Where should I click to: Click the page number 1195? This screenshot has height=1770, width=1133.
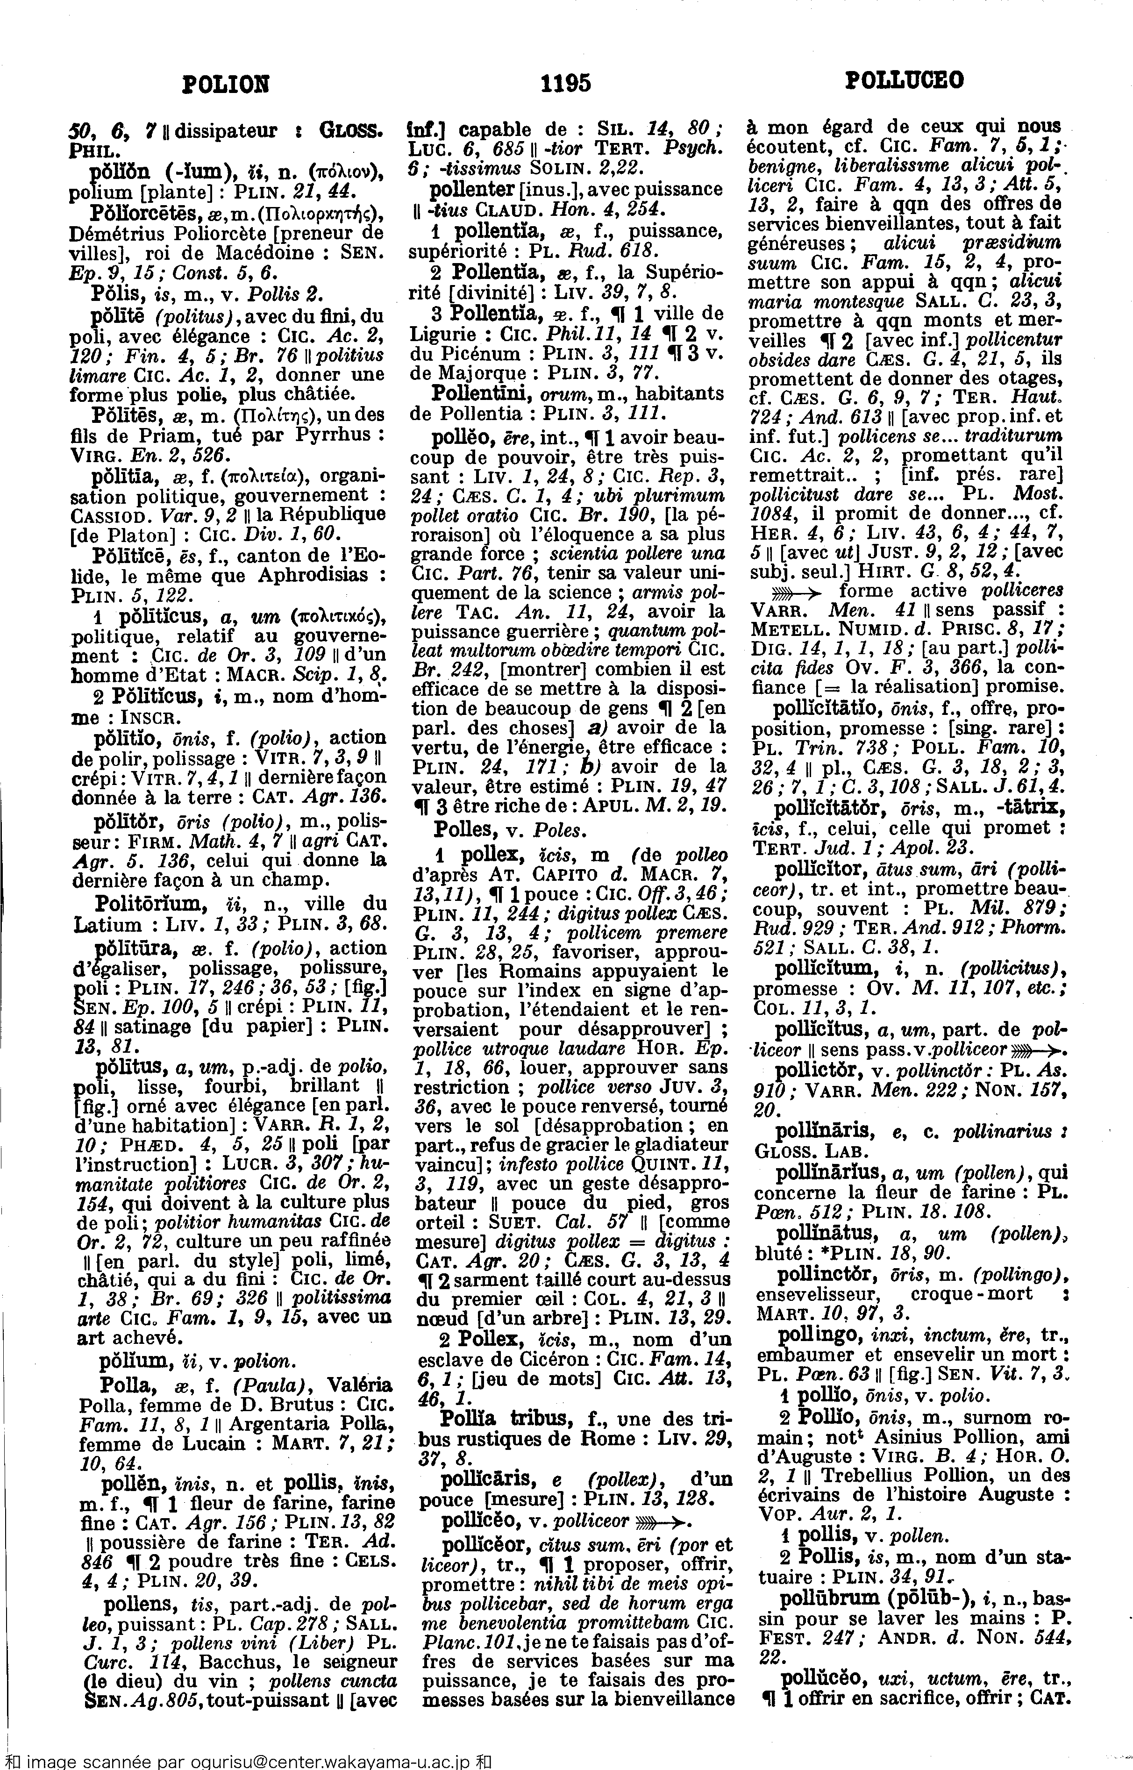point(565,82)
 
